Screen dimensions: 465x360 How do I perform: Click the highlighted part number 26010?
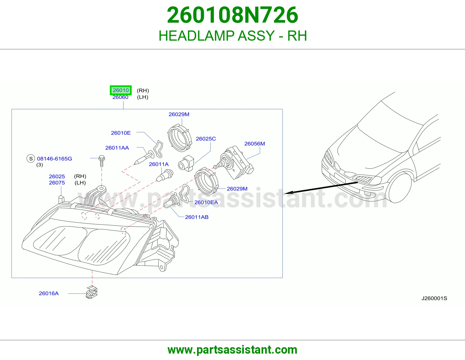121,90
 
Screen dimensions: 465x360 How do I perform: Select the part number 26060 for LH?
120,97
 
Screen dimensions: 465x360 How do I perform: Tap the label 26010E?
121,133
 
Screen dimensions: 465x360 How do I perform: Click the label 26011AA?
117,148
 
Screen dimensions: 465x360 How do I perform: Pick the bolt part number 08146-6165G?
55,159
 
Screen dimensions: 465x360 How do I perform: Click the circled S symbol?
31,159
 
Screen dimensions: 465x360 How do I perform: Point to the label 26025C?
206,139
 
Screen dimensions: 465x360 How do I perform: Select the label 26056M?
255,144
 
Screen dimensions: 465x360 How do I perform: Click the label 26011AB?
197,217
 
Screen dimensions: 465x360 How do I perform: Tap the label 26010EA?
206,202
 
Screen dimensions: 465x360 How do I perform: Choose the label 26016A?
49,294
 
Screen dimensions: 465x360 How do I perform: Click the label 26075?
57,183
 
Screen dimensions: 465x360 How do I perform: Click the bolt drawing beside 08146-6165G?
102,161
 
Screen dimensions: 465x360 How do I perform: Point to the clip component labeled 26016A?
92,292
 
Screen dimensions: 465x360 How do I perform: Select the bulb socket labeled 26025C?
186,163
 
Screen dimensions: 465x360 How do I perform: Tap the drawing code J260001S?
434,298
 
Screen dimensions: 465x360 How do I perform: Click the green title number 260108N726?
233,15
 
